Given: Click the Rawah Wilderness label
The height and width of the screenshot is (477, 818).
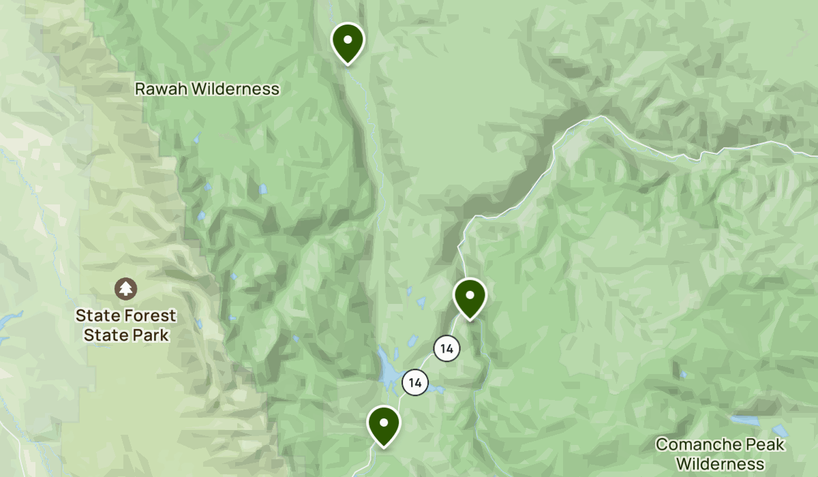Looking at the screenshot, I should pos(207,89).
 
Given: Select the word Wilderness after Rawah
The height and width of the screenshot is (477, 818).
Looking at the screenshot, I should pos(238,89).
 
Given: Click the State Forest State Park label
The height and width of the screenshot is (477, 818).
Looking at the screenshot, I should pos(125,325).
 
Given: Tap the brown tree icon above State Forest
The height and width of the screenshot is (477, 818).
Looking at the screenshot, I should pos(125,289).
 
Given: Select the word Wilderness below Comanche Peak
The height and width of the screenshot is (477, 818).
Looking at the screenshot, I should pos(721,464).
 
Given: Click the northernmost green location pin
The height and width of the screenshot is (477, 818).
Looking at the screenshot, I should pos(348,41).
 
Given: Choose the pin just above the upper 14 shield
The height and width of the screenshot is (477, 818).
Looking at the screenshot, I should pos(470,297).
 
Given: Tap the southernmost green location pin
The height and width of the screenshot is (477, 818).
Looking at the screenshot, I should pos(384,424).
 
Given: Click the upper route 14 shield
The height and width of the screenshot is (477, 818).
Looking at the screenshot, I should pos(446,349).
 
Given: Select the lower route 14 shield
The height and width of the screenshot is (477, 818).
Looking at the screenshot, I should pos(415,382).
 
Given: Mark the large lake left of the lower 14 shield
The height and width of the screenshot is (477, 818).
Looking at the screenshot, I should pos(389,371).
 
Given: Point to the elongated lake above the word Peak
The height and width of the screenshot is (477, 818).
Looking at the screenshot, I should pos(744,420).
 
